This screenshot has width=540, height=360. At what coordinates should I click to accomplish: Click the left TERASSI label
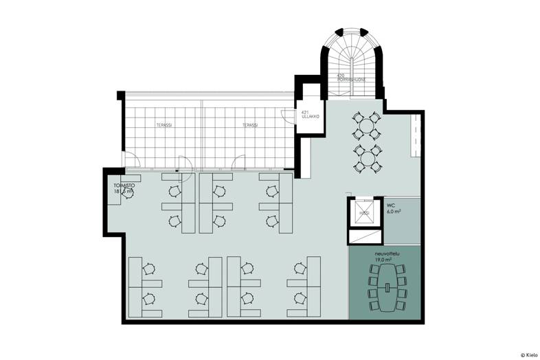point(164,125)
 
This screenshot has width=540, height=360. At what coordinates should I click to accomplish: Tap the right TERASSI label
point(249,125)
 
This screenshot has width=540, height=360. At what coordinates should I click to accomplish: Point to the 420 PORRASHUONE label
point(351,77)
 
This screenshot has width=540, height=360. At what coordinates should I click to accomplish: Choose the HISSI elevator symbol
point(365,212)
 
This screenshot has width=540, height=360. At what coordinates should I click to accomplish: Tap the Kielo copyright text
point(529,355)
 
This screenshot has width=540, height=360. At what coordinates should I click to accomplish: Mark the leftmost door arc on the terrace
point(133,163)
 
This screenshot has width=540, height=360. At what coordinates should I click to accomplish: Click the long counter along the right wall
point(415,135)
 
